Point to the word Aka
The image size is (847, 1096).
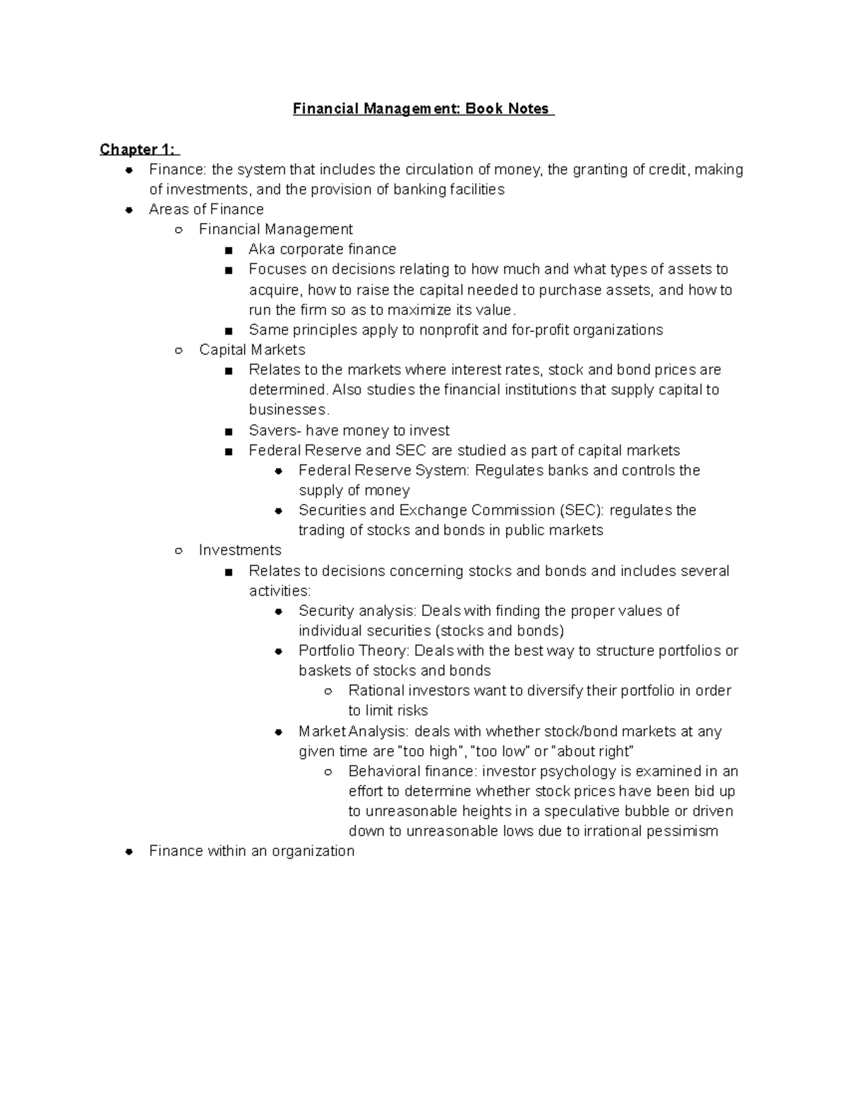[x=262, y=249]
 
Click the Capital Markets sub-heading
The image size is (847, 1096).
[x=252, y=350]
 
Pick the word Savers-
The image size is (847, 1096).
[x=275, y=430]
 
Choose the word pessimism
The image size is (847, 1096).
[x=683, y=831]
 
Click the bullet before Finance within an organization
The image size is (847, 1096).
[x=129, y=852]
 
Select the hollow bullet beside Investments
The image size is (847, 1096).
[x=179, y=550]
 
